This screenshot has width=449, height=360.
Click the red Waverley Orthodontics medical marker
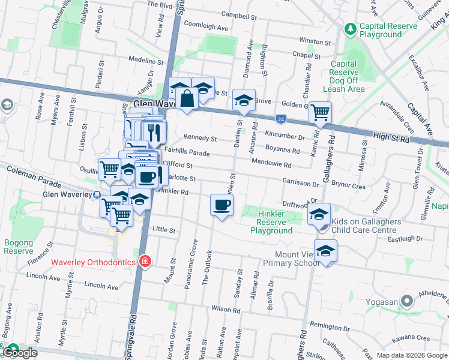[x=144, y=261]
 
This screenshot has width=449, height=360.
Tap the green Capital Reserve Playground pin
[x=350, y=28]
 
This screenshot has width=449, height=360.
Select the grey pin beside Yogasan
[x=407, y=300]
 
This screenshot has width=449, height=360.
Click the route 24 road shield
[x=280, y=119]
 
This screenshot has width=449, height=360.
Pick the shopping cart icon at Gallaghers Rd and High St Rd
[x=320, y=111]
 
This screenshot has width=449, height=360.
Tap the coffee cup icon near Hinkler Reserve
[x=221, y=205]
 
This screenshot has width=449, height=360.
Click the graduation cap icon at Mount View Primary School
[x=325, y=250]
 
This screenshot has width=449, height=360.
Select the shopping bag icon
[x=187, y=98]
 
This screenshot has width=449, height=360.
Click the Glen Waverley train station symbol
[x=97, y=194]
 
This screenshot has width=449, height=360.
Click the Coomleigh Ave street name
[x=206, y=28]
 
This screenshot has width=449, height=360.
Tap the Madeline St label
[x=146, y=61]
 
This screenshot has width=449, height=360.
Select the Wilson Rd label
[x=226, y=310]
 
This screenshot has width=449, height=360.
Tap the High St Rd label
[x=391, y=138]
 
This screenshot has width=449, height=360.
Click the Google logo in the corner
[x=21, y=353]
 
